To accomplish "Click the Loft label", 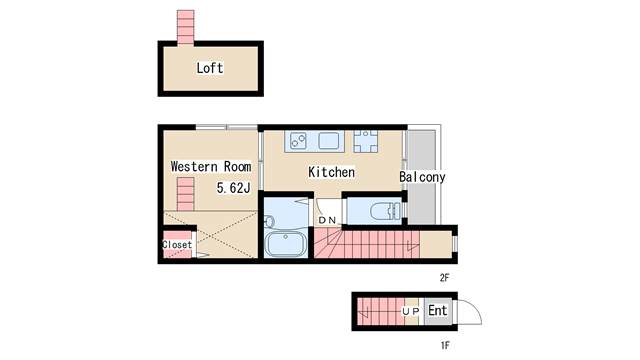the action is [210, 68].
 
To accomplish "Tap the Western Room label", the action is [211, 167].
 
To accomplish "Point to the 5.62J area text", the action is [233, 188].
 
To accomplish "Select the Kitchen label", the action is [331, 172].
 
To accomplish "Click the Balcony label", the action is [422, 177].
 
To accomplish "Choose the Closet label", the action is [177, 244].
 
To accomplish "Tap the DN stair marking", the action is [327, 220].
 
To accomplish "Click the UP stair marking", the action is [410, 311].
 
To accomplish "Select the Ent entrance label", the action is [437, 311].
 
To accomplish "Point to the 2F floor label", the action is [444, 278].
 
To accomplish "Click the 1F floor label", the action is [445, 345].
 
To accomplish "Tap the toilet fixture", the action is [385, 211].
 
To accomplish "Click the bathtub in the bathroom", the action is [285, 244].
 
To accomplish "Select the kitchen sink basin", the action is [329, 141].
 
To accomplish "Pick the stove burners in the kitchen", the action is [298, 141].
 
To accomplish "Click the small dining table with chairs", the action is [365, 141].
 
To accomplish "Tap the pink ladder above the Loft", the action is [185, 27].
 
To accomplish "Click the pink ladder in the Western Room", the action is [185, 194].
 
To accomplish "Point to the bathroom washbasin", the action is [269, 222].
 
